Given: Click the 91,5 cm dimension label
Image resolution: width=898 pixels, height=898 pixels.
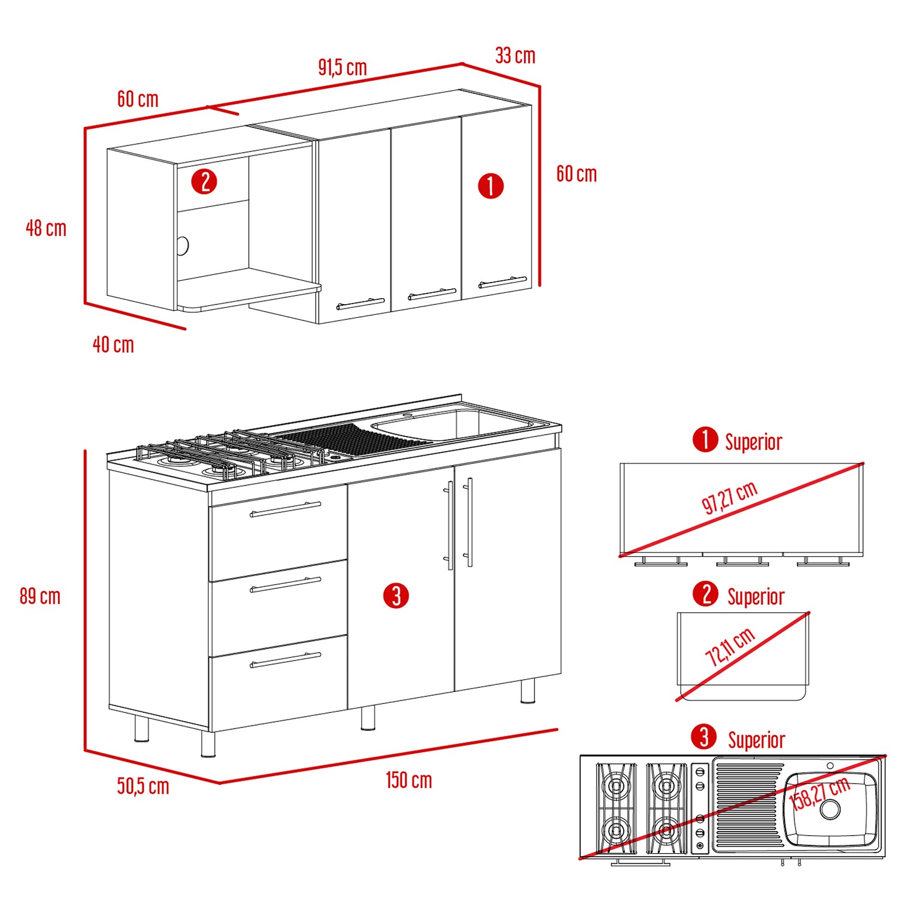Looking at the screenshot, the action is coord(342,67).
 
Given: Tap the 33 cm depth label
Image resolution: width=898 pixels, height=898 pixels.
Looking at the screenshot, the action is coord(515,56).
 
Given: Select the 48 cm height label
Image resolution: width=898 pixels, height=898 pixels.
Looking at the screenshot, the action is coord(46,228).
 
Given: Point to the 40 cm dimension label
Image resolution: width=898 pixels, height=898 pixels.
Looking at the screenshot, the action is coord(113,345).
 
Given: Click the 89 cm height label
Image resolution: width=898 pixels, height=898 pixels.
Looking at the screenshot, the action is coord(40,596).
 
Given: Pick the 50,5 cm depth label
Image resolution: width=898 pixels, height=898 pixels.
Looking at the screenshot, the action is coord(143,786).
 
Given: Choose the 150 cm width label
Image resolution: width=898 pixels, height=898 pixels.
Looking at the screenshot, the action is coord(409,780).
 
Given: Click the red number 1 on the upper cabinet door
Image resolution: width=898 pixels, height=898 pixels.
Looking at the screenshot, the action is coord(491,186).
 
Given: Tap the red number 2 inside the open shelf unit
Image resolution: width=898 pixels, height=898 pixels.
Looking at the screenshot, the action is coord(204,181).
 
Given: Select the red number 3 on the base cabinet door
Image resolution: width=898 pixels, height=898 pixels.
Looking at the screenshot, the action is coord(396,596).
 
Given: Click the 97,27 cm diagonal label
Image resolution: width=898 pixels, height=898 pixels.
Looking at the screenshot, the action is coord(730,497).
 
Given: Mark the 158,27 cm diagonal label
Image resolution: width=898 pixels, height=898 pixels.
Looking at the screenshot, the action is coord(820,793).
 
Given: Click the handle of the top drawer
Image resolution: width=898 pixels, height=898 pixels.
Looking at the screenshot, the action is coord(286,509).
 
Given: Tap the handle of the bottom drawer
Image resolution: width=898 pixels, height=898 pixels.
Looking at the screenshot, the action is coord(286,660).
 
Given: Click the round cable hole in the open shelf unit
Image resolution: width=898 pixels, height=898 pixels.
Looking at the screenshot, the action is coord(183,245).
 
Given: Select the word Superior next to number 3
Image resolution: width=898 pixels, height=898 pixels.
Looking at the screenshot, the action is coord(757,741).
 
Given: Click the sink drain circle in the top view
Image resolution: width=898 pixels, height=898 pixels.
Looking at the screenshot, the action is coord(830,809).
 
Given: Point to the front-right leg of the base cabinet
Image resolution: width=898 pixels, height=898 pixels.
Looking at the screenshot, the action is coord(527,691).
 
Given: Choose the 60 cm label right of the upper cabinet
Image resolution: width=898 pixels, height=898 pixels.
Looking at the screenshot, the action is coord(577,174).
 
